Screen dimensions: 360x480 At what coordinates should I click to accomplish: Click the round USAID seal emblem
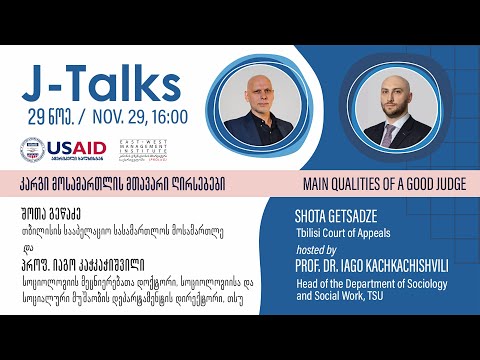(33, 150)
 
